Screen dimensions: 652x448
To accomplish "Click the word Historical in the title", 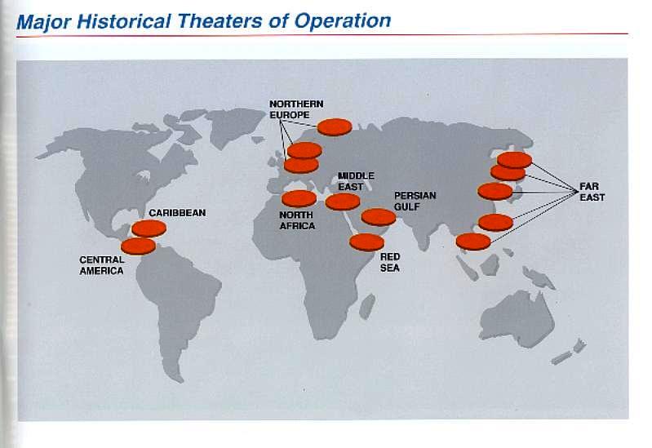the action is coord(123,21).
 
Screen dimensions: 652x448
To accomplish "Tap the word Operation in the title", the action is coord(342,22).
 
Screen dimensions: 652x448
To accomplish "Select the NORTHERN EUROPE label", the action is coord(296,109).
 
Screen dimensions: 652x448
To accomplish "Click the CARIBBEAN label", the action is coord(177,213).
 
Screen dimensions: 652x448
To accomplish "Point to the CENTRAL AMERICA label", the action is coord(101,265).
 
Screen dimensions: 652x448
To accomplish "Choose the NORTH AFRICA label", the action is coord(297,220).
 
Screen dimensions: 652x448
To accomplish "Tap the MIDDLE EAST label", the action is coord(356,181).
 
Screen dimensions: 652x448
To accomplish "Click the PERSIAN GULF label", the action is coord(415,201).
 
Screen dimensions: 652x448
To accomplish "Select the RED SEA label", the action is coord(389,263).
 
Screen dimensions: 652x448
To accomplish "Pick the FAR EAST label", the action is coord(592,192).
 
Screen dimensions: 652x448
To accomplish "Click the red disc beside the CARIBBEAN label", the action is coord(149,228).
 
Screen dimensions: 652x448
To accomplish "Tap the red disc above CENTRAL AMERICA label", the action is coord(139,246).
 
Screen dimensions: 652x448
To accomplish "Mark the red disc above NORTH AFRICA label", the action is coord(299,199).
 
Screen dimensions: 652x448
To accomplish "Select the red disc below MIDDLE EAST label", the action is coord(343,202).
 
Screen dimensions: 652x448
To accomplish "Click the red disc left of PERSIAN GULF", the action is coord(379,218).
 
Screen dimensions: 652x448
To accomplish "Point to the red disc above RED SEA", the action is coord(366,242).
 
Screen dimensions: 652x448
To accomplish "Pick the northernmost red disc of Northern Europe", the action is coord(335,126).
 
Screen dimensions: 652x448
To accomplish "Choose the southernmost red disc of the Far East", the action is coord(473,242).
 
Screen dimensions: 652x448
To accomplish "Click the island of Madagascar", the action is coord(367,306).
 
